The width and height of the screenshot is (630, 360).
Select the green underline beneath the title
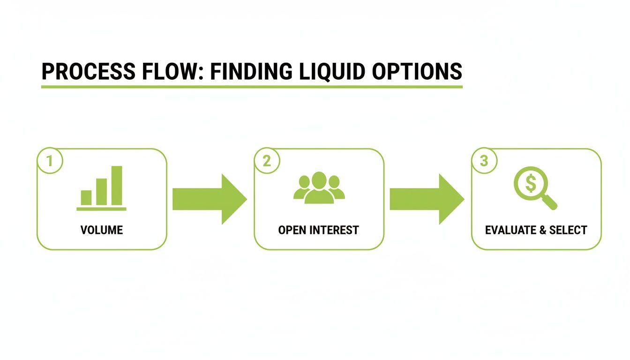pos(252,87)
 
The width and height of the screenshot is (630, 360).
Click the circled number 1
pos(49,161)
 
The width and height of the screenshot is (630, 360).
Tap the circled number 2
pos(266,161)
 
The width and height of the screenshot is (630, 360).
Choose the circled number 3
pos(484,161)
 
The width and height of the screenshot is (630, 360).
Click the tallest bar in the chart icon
pos(116,186)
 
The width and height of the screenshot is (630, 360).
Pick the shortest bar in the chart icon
pos(86,197)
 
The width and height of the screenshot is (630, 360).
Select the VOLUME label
pos(102,230)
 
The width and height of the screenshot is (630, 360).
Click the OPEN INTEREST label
pos(318,230)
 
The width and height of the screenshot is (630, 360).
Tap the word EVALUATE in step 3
pos(510,230)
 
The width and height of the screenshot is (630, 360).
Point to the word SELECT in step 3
pos(568,230)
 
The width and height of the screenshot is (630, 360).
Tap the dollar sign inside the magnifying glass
pos(530,183)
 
